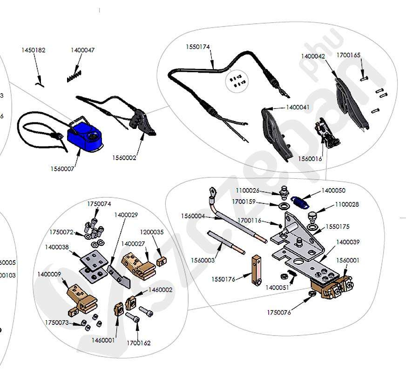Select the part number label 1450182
click(34, 50)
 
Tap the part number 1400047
click(82, 50)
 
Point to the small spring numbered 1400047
click(74, 76)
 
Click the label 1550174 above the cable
click(198, 47)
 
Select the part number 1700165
click(349, 55)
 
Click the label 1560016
click(310, 159)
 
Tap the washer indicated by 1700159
click(283, 205)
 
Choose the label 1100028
click(347, 204)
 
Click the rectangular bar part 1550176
click(256, 271)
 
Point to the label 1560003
click(203, 261)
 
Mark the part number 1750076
click(278, 312)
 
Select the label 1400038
click(57, 247)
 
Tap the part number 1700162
click(139, 343)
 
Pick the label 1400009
click(49, 274)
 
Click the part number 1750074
click(99, 204)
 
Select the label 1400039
click(347, 243)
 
